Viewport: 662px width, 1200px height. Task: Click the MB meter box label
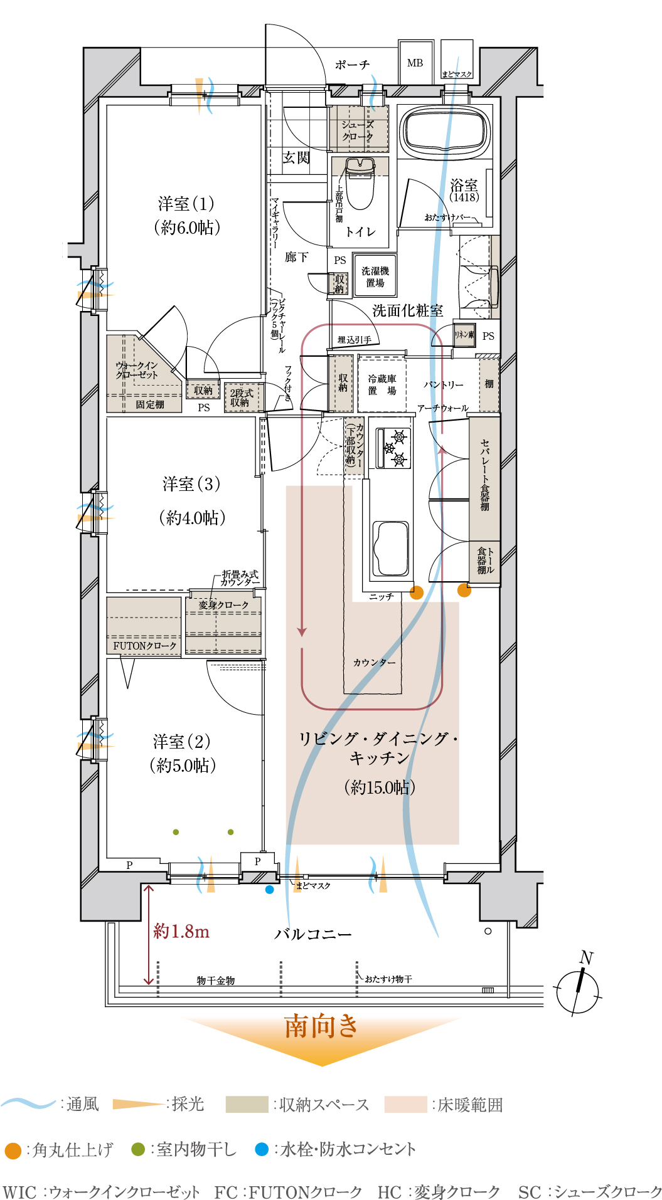point(415,63)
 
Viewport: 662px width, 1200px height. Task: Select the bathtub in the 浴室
point(446,132)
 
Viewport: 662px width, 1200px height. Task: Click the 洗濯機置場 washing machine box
point(375,276)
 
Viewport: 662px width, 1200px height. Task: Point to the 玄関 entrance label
point(296,157)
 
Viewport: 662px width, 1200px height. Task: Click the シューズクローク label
point(358,130)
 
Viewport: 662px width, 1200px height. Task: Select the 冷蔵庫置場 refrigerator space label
point(382,384)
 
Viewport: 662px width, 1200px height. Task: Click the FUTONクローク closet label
point(145,645)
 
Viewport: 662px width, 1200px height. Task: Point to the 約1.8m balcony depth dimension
point(181,932)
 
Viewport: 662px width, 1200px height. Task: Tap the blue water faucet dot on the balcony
point(270,889)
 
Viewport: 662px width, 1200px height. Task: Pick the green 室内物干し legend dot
point(138,1149)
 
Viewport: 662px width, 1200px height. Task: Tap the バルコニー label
point(313,934)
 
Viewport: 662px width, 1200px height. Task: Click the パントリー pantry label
point(444,384)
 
